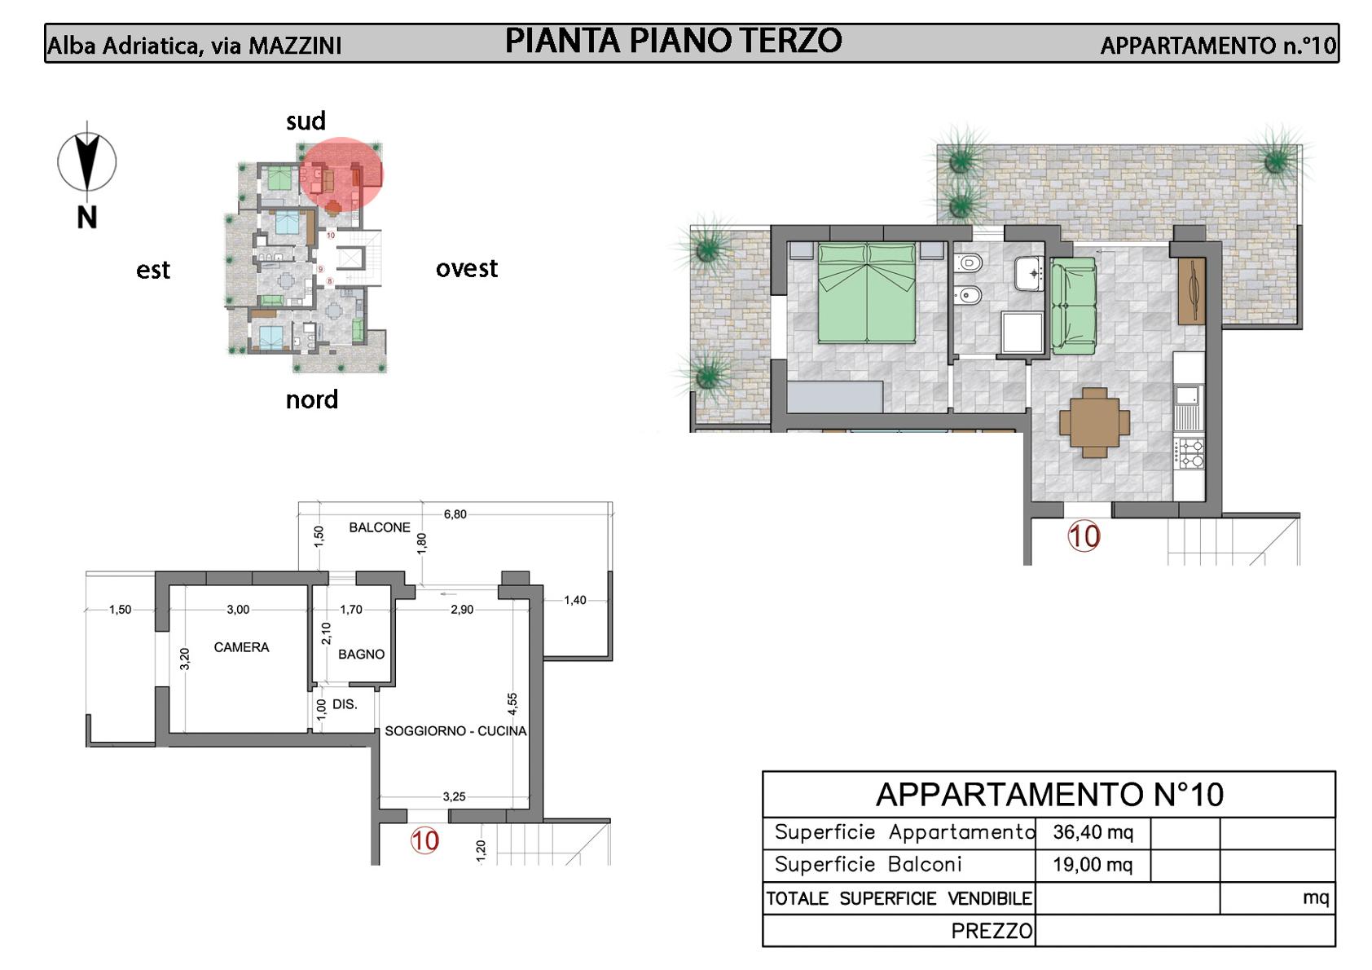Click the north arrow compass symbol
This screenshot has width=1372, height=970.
(x=87, y=162)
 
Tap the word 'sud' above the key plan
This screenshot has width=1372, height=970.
(x=306, y=121)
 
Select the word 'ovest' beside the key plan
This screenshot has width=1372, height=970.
(x=467, y=268)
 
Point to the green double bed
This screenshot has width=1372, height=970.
(x=867, y=293)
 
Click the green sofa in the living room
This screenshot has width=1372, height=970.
(x=1074, y=306)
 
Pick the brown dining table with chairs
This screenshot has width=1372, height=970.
(x=1094, y=423)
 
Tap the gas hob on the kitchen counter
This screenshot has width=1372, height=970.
(x=1189, y=453)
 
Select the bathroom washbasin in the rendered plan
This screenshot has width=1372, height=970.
(x=1029, y=273)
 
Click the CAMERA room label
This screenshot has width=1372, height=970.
(x=241, y=647)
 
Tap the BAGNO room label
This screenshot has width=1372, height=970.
(x=362, y=654)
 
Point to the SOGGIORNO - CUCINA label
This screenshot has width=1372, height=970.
(x=455, y=730)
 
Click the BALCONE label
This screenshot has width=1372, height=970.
(x=380, y=527)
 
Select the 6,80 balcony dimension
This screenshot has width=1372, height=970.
(x=455, y=514)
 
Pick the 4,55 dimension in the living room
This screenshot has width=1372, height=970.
(x=512, y=703)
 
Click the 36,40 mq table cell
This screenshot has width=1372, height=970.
(x=1093, y=831)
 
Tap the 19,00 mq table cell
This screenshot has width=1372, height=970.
(x=1093, y=864)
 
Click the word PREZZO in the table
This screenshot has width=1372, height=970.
(x=992, y=931)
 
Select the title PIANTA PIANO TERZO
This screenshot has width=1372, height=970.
(x=673, y=41)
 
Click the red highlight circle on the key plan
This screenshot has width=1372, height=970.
(x=341, y=174)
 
